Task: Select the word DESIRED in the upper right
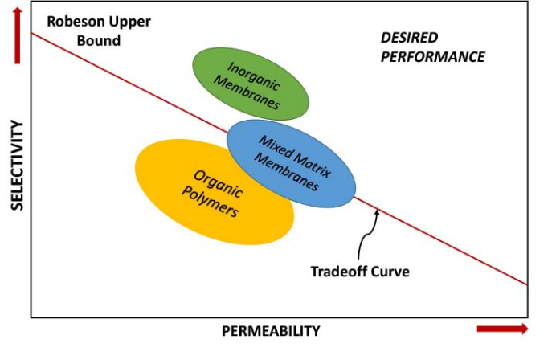409,38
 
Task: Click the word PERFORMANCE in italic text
432,57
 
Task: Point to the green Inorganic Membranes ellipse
251,83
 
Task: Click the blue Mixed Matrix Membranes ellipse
290,165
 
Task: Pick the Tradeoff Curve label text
360,271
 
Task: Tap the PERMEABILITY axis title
272,330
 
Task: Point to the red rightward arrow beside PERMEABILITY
502,329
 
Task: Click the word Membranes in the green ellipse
251,93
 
